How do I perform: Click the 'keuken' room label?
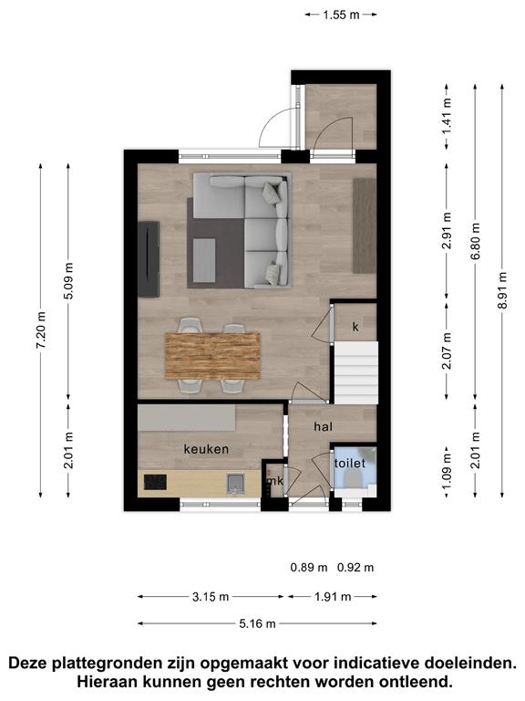point(206,449)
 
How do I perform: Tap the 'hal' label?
point(324,426)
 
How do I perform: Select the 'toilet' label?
point(350,463)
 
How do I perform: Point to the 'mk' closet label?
point(275,481)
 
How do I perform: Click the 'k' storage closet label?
point(355,327)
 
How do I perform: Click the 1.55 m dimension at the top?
point(341,15)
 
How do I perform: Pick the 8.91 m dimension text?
point(503,290)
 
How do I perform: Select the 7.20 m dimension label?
point(41,330)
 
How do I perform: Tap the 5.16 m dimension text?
point(257,623)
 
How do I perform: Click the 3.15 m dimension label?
point(211,596)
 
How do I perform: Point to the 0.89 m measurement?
point(309,568)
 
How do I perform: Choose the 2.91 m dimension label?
point(448,231)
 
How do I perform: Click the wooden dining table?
point(212,356)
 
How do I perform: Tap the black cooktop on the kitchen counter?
point(155,482)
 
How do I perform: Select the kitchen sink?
point(235,483)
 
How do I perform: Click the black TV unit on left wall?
point(149,259)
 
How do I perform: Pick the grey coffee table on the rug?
point(204,260)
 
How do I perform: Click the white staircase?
point(356,372)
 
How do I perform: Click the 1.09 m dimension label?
point(448,472)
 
